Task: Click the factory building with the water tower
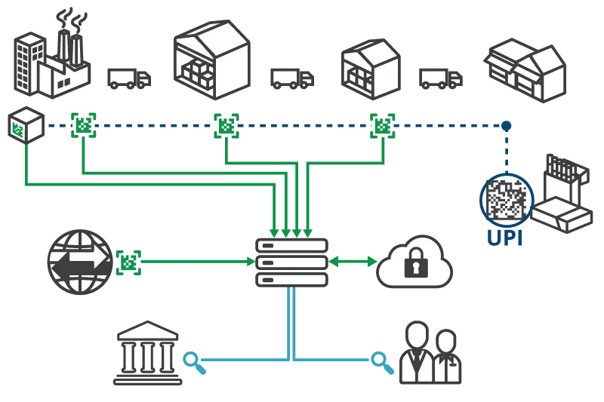click(51, 57)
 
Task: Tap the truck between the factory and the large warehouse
click(129, 78)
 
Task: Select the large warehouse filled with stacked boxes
click(212, 59)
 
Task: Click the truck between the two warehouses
click(290, 78)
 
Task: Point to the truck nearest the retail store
click(442, 78)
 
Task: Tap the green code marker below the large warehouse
click(225, 126)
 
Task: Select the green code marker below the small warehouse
click(383, 126)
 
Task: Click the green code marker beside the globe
click(129, 262)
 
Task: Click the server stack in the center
click(294, 262)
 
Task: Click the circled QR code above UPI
click(506, 199)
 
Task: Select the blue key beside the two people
click(381, 361)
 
